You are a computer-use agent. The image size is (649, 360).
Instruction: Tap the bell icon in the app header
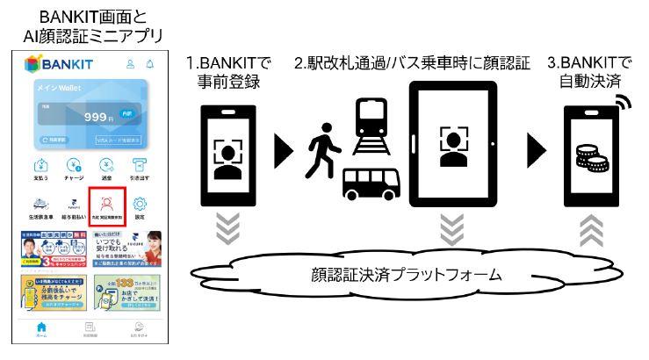149,64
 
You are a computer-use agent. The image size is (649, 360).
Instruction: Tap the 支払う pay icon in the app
40,168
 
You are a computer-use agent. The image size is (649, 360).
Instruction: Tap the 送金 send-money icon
106,168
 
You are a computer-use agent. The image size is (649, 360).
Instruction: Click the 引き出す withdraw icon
139,168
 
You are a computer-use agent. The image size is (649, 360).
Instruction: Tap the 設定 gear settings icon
139,205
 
